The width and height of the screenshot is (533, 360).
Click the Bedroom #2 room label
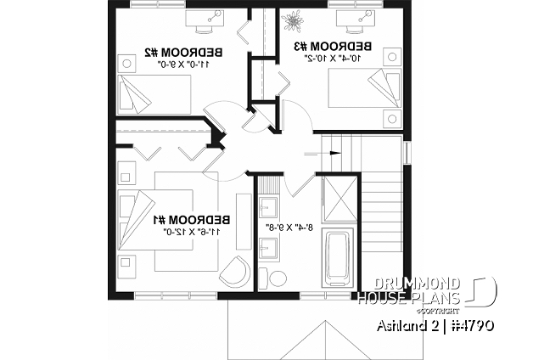(x=183, y=53)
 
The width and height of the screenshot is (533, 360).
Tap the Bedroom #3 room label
(x=332, y=46)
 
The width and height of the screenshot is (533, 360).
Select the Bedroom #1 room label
(x=191, y=220)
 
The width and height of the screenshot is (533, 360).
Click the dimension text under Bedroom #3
(x=332, y=58)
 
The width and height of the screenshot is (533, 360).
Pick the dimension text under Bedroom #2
(x=184, y=65)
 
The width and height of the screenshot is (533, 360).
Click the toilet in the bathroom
(x=272, y=278)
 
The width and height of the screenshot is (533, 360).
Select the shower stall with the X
(x=339, y=200)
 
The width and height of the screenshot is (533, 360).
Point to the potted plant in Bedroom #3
(x=293, y=22)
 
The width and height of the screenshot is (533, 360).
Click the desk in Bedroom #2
(x=205, y=20)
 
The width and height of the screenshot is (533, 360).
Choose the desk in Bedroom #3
(x=356, y=21)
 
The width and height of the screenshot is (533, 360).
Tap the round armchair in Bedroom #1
(x=235, y=272)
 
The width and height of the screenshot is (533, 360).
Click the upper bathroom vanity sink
(x=268, y=206)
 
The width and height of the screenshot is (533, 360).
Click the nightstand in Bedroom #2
(x=126, y=63)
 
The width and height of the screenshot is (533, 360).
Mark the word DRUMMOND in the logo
(x=417, y=284)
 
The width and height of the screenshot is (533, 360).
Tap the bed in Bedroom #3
(x=364, y=88)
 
